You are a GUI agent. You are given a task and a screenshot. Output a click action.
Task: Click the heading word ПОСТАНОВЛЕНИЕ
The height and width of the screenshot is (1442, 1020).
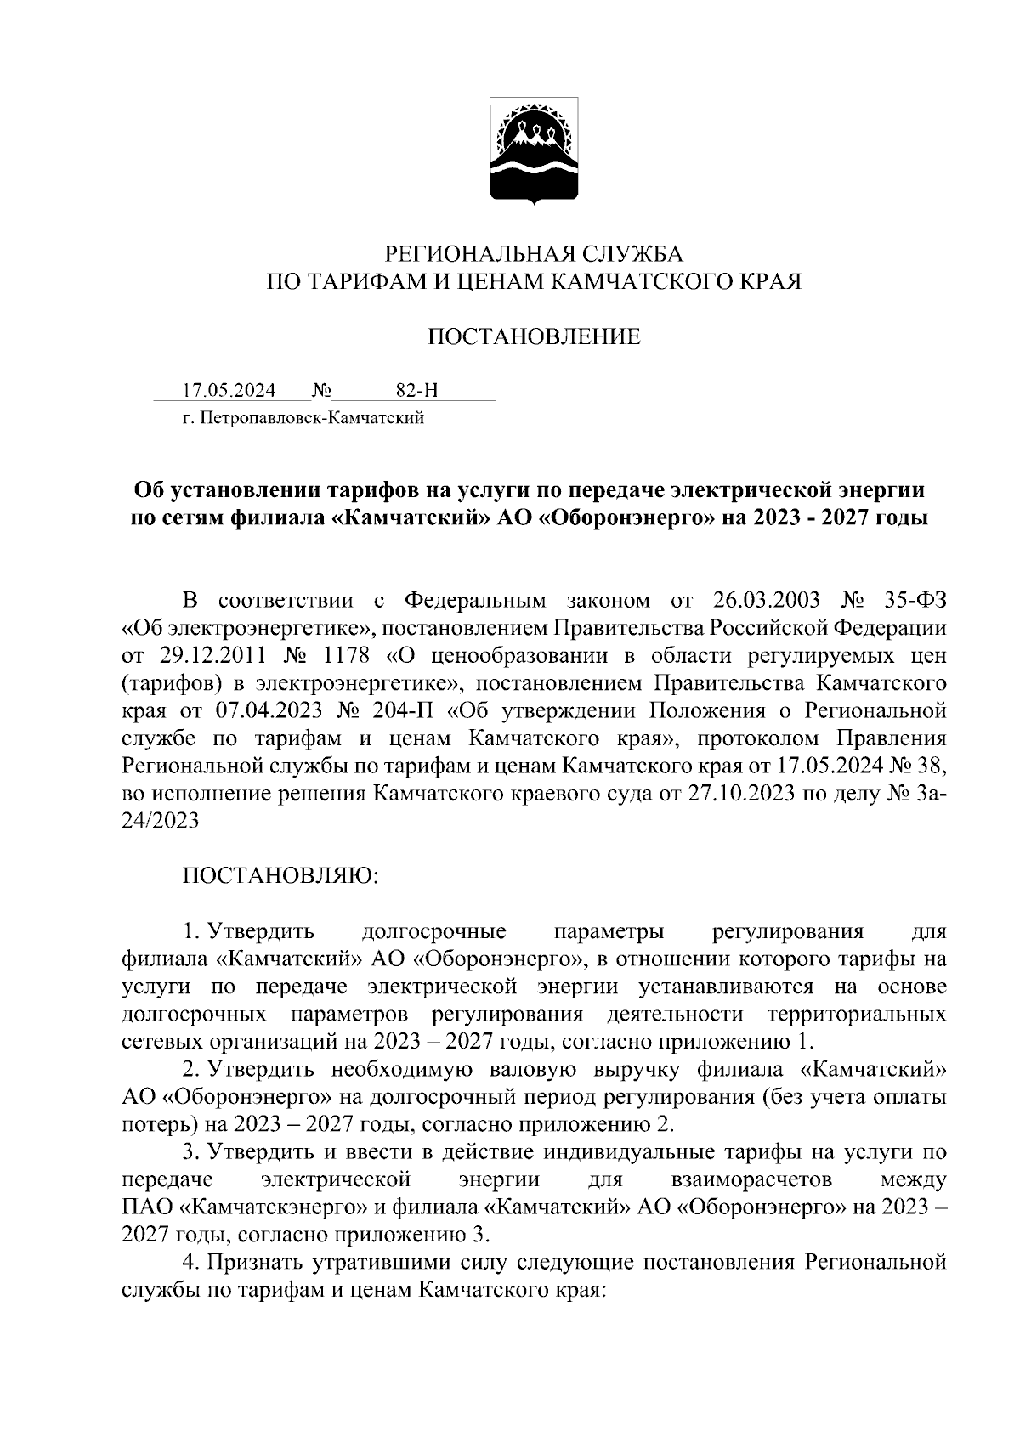[533, 337]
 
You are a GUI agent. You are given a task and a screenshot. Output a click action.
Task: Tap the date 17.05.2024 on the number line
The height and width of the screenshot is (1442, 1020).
[229, 391]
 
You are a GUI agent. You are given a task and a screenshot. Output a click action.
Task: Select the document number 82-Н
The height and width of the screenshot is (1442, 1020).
[416, 391]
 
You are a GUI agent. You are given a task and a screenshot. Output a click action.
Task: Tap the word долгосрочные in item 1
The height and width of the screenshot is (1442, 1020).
[434, 931]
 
